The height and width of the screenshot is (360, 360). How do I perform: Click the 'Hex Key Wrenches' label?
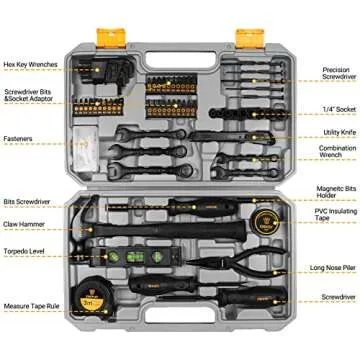tap(31, 64)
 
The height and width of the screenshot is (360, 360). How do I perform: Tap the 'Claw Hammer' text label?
tap(24, 224)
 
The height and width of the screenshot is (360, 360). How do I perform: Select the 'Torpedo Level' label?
tap(24, 251)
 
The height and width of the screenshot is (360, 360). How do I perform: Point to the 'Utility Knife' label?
tap(340, 133)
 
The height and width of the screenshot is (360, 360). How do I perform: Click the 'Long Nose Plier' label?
tap(333, 268)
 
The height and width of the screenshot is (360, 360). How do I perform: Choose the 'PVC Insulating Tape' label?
tap(336, 214)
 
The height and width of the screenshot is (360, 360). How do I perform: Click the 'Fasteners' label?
tap(18, 138)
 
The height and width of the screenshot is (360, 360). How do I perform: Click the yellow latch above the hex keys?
tap(111, 38)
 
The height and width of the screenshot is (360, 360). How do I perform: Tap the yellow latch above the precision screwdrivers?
tap(250, 38)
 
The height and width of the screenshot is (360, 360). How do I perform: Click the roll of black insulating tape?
tap(267, 222)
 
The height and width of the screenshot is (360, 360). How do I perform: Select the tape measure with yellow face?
tap(92, 299)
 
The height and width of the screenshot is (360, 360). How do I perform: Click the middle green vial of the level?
tap(135, 257)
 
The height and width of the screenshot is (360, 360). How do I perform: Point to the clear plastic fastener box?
tap(86, 149)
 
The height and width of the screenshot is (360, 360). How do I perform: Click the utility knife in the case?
tap(232, 137)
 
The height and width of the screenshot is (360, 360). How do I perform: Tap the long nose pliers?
tap(237, 261)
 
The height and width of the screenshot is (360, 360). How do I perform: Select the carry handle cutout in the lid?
tap(181, 60)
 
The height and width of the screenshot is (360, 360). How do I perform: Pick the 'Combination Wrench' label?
tap(337, 151)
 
